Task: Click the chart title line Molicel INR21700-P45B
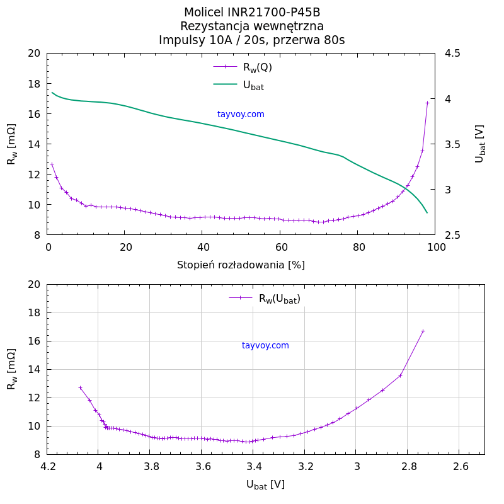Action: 252,13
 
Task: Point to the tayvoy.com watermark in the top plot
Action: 241,114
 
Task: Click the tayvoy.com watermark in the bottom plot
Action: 265,345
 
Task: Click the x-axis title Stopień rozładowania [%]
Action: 241,265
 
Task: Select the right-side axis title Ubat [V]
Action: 480,144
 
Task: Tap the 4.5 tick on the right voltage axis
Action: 452,54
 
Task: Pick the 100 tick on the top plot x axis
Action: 435,248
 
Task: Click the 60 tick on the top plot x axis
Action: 280,248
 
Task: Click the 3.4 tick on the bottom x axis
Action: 253,467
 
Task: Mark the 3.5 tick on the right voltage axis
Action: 452,144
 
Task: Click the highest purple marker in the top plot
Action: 427,103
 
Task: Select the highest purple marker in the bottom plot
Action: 423,331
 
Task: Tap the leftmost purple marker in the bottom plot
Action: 80,387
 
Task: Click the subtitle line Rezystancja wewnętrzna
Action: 252,26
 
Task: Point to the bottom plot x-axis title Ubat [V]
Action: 265,484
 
